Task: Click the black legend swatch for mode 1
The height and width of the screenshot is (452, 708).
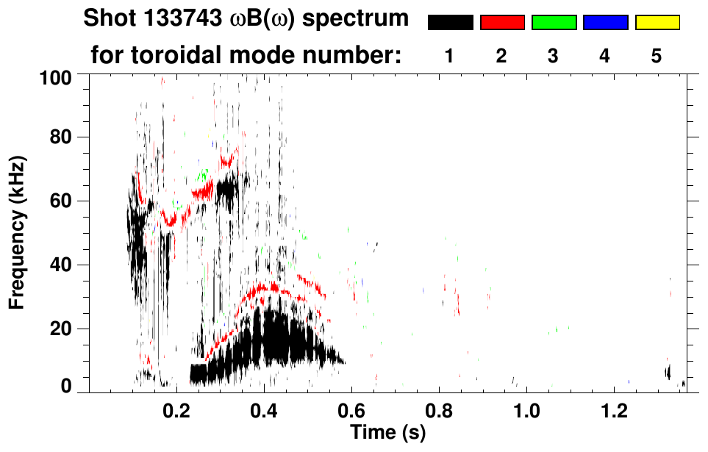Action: pos(450,23)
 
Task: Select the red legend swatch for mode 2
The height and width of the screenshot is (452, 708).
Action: pos(502,23)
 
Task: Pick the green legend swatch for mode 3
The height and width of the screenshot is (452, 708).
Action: pos(554,23)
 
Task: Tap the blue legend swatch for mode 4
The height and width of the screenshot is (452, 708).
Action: pos(605,23)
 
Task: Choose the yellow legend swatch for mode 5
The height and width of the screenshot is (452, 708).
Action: pos(657,23)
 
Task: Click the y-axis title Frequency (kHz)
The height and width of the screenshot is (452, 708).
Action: pos(18,232)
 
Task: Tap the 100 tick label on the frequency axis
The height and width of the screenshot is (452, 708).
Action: pos(60,76)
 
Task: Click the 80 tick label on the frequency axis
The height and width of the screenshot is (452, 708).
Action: pos(65,137)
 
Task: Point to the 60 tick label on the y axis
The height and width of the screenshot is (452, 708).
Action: pos(65,201)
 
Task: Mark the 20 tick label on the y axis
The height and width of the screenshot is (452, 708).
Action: pos(65,329)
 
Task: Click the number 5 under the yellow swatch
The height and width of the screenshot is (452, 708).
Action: pos(657,57)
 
